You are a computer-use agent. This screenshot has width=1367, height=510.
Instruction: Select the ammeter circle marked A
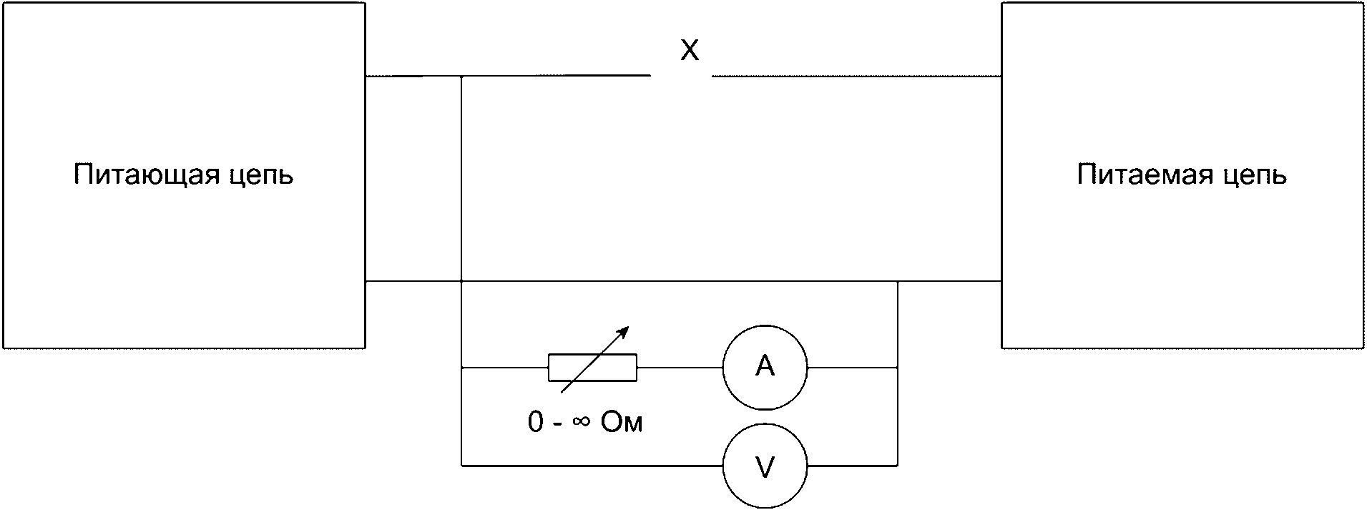pos(765,368)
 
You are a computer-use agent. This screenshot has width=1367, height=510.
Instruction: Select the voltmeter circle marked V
pos(765,466)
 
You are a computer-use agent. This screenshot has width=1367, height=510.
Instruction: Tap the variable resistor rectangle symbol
pos(592,368)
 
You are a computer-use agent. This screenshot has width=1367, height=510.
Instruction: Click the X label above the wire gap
pos(689,51)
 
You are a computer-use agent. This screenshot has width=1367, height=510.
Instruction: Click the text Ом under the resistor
pos(622,422)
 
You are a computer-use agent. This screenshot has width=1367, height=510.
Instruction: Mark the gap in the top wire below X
pos(680,76)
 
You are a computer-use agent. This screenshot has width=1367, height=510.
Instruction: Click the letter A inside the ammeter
pos(765,366)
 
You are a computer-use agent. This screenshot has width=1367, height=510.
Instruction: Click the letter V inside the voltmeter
pos(765,467)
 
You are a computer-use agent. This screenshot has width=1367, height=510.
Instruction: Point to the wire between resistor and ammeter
pos(680,368)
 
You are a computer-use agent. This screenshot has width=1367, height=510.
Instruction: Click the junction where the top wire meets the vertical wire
pos(461,76)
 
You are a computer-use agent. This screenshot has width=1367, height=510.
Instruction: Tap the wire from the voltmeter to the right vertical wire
pos(852,466)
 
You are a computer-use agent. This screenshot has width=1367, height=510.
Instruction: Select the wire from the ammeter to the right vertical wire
pos(852,368)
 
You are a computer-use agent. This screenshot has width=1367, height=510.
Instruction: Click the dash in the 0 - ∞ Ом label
pos(558,424)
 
